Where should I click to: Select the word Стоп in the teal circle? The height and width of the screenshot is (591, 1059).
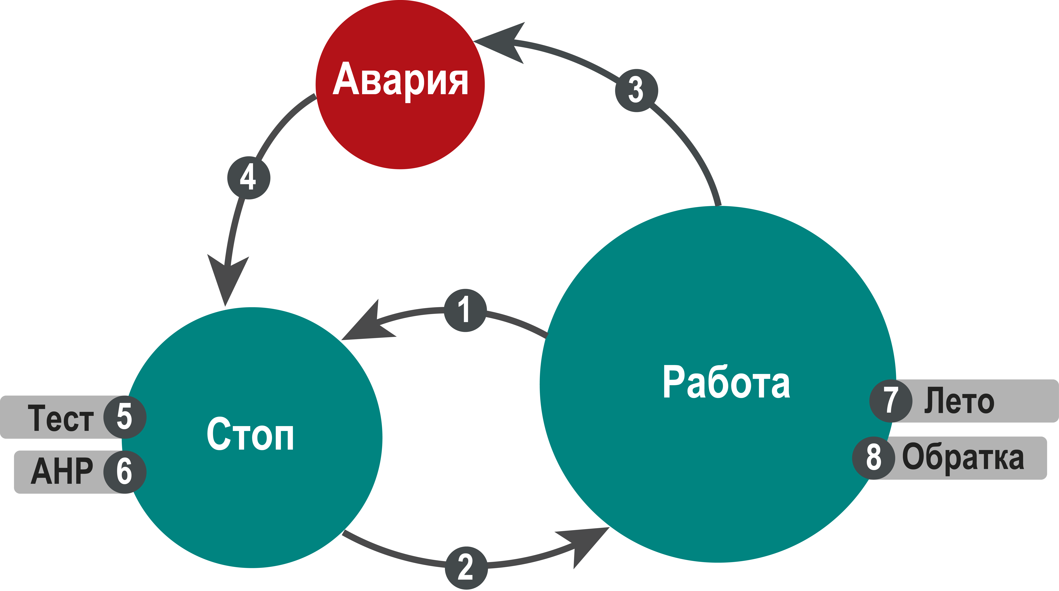(x=250, y=434)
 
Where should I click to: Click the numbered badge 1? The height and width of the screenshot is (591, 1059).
(x=465, y=310)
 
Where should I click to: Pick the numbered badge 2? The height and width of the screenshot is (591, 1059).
(x=466, y=568)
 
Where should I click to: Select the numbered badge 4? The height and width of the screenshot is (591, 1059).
(x=249, y=178)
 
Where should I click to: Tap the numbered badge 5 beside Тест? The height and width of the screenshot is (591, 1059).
(x=125, y=417)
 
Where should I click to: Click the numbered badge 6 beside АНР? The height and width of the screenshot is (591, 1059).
(x=125, y=472)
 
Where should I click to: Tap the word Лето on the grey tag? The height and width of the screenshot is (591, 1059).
(x=959, y=400)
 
